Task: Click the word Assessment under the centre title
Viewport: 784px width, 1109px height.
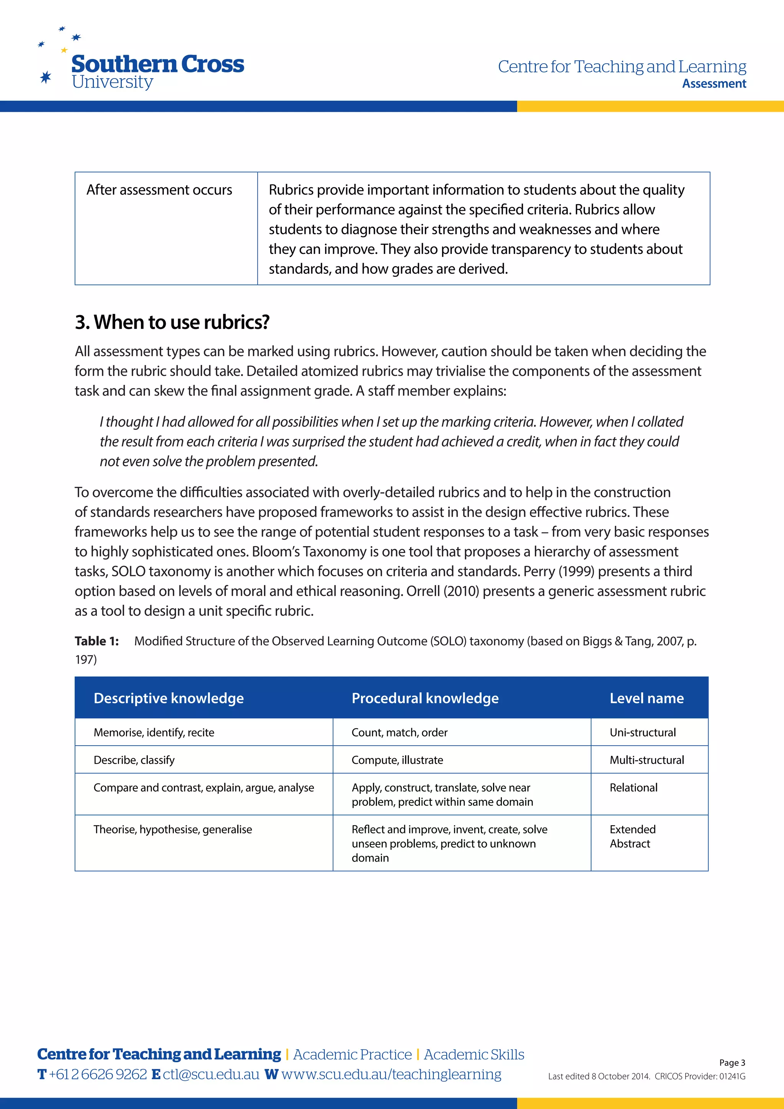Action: click(714, 83)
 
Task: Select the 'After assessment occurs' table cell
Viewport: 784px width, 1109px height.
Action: click(159, 190)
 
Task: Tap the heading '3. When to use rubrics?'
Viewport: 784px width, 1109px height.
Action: click(172, 322)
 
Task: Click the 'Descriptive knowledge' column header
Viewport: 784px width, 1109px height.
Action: click(168, 698)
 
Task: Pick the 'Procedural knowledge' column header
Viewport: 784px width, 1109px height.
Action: click(425, 698)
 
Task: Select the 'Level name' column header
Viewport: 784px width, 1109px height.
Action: click(647, 698)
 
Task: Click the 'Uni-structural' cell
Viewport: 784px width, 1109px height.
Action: click(643, 732)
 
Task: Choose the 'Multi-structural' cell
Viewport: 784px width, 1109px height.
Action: click(647, 760)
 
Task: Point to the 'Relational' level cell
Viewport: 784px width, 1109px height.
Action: click(634, 788)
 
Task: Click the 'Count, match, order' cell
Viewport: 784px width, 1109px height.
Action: click(399, 732)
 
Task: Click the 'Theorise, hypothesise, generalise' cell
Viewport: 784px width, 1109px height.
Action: click(173, 829)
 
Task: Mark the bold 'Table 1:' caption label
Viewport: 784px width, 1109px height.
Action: click(96, 641)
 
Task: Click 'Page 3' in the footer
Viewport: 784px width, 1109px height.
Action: click(732, 1063)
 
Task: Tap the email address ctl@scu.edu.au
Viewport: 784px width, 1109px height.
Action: click(211, 1074)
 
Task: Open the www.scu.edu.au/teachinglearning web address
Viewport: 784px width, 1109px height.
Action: click(391, 1074)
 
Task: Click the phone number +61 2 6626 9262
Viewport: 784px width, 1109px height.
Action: click(98, 1074)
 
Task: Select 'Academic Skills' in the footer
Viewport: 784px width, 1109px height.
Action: click(474, 1054)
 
